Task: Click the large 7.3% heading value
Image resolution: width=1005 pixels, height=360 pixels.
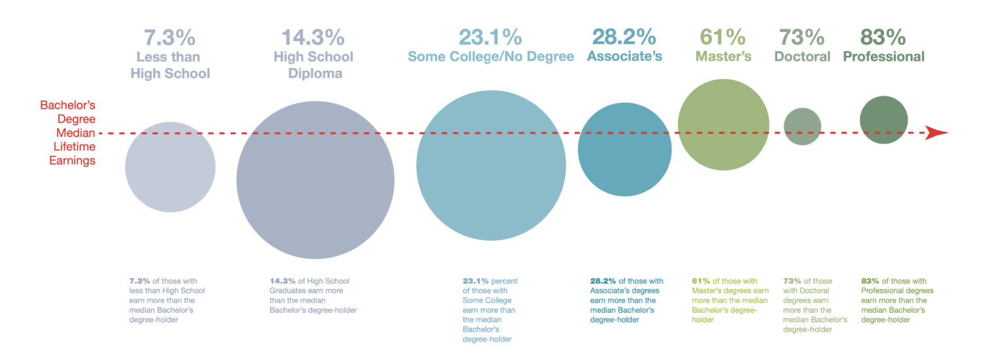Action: pos(170,37)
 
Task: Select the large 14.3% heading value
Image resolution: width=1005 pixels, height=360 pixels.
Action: pos(313,37)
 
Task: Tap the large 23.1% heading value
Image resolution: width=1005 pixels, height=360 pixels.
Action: pos(490,36)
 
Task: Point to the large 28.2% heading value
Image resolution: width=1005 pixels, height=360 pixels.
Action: pos(624,36)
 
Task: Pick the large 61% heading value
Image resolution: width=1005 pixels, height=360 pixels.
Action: pos(722,36)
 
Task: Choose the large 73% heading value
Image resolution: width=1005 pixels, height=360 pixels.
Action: pos(802,36)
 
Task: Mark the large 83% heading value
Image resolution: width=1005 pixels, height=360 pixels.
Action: pos(883,36)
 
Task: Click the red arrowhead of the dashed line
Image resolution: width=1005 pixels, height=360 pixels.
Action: pos(937,133)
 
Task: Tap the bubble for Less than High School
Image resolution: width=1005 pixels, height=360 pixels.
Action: pos(170,167)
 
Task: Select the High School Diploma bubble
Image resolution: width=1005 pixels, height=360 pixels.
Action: pos(315,180)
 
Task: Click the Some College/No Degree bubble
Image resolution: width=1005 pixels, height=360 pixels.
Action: pos(491,166)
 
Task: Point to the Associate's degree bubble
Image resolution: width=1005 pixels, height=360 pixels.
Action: pos(625,149)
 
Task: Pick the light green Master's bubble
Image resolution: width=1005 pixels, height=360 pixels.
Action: pos(723,124)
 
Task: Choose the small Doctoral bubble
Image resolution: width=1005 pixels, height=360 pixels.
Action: pos(802,126)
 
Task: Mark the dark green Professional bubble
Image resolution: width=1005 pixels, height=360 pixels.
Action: pos(883,120)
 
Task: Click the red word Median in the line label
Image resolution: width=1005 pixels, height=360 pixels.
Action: pos(78,133)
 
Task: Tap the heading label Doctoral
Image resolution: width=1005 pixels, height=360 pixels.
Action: pos(802,56)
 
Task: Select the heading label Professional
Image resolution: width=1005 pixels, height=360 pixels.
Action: pos(883,56)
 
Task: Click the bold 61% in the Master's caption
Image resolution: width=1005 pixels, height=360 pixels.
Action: pos(701,281)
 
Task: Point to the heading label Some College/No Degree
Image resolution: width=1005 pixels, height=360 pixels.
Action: pos(491,56)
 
